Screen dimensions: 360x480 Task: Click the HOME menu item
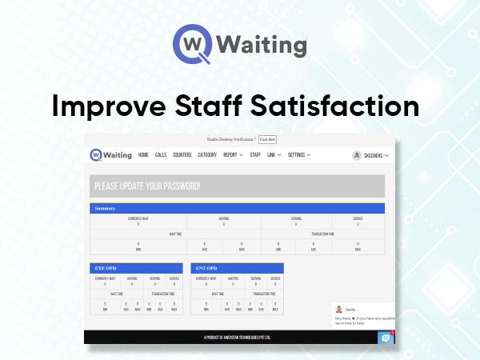pyautogui.click(x=143, y=155)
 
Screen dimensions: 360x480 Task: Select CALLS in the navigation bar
pyautogui.click(x=161, y=155)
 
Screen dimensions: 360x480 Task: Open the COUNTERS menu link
pyautogui.click(x=182, y=155)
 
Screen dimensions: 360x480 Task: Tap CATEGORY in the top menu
pyautogui.click(x=207, y=155)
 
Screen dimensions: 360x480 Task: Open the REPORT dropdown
pyautogui.click(x=233, y=155)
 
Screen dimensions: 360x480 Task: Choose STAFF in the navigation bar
pyautogui.click(x=255, y=155)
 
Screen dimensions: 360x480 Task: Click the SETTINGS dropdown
pyautogui.click(x=299, y=155)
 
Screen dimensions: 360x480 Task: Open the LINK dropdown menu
pyautogui.click(x=274, y=155)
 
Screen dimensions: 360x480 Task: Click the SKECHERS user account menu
pyautogui.click(x=370, y=156)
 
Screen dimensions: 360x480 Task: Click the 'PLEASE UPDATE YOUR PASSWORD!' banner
pyautogui.click(x=237, y=186)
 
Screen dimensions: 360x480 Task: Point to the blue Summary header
pyautogui.click(x=237, y=208)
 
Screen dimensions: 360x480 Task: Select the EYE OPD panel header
pyautogui.click(x=136, y=268)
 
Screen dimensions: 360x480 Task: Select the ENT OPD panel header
pyautogui.click(x=238, y=268)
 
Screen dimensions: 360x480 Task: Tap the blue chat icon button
pyautogui.click(x=386, y=338)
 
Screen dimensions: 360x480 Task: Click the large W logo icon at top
pyautogui.click(x=190, y=45)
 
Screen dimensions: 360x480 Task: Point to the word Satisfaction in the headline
pyautogui.click(x=344, y=106)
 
